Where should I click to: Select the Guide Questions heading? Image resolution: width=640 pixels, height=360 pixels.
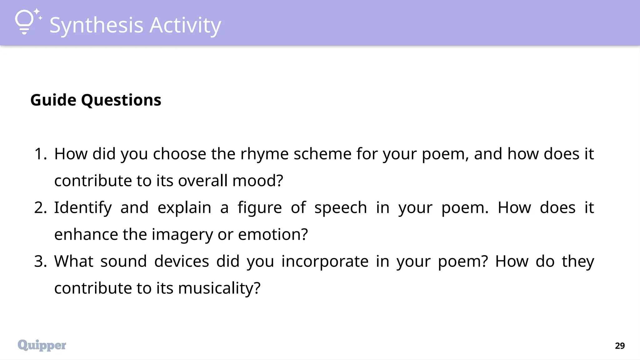coord(96,100)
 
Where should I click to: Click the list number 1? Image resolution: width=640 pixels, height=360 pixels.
coord(40,154)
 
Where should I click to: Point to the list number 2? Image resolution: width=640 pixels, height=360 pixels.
coord(40,208)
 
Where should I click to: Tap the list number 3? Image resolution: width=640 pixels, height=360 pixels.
coord(40,262)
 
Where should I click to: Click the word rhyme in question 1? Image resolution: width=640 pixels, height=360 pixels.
coord(264,154)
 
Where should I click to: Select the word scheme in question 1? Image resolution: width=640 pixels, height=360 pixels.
coord(322,154)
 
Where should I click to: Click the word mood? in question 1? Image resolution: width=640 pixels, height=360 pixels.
coord(257,181)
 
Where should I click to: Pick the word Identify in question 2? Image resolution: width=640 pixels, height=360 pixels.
coord(83,208)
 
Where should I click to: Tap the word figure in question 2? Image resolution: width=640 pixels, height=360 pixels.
coord(259,208)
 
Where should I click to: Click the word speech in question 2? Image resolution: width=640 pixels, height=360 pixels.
coord(340,208)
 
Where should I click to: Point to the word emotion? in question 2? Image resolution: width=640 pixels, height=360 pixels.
coord(273,235)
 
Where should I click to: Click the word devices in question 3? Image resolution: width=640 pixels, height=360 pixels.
coord(181,262)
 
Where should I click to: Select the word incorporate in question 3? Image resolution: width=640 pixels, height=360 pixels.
coord(325,262)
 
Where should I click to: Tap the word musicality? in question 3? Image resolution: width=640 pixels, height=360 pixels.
coord(219,288)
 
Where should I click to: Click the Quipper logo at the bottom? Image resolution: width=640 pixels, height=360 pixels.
coord(42,345)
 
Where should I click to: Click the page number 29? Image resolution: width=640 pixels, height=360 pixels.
coord(620,346)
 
